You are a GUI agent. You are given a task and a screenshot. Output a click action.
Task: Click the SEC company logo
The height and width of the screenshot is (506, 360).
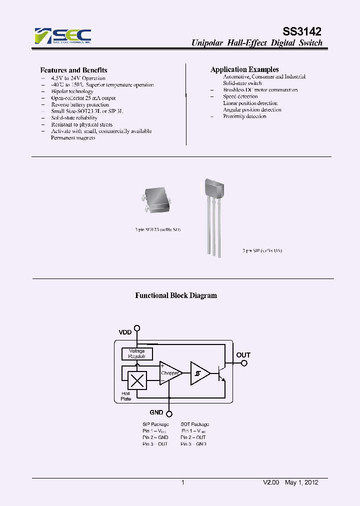63,36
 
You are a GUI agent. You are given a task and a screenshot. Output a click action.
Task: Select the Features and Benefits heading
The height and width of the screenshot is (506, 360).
73,70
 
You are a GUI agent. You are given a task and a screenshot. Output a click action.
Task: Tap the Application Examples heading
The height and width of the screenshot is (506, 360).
244,69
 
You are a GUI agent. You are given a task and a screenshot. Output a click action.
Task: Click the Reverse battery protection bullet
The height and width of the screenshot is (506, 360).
80,105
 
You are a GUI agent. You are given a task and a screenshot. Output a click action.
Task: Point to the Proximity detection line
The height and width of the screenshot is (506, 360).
244,116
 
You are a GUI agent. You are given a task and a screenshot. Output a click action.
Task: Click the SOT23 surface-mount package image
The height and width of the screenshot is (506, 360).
157,200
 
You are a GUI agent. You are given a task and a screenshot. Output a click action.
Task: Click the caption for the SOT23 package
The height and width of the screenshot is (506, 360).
157,229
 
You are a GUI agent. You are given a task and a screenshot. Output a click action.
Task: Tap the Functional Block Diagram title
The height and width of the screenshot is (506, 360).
176,295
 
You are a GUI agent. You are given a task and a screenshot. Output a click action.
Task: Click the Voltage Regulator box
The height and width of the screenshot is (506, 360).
137,354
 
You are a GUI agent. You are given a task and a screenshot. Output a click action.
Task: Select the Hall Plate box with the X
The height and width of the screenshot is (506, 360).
137,381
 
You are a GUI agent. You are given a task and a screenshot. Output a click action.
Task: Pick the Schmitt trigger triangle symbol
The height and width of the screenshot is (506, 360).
199,373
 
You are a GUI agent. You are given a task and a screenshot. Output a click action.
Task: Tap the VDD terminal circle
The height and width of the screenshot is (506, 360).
137,328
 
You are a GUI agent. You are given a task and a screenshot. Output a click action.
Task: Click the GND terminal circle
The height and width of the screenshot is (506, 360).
169,413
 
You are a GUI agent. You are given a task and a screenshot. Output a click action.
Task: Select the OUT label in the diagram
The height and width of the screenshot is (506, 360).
243,355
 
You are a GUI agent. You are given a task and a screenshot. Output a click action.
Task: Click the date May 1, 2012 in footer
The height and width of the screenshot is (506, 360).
301,482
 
